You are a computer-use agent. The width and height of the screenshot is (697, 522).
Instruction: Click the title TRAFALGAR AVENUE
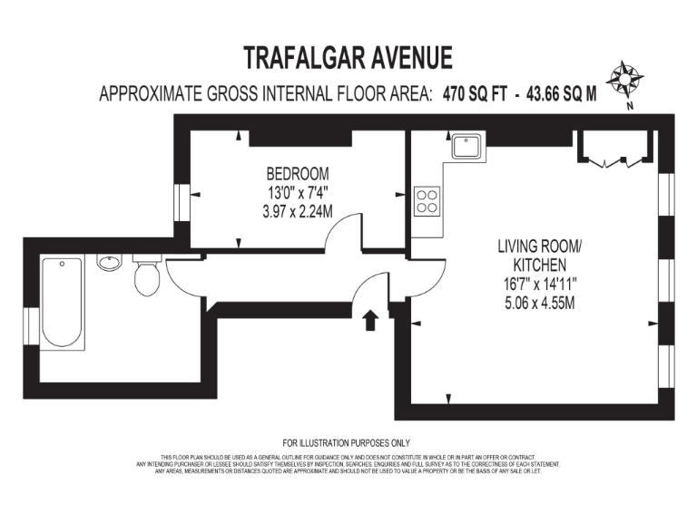coord(348,58)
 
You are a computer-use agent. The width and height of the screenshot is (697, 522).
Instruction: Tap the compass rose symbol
coord(623,80)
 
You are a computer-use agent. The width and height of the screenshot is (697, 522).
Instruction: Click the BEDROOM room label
coord(297,173)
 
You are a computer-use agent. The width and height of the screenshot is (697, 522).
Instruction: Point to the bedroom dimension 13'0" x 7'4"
coord(297,192)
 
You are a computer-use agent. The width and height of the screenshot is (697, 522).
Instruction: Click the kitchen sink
coord(468,145)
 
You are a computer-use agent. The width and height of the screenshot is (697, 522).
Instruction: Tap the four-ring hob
coord(427,201)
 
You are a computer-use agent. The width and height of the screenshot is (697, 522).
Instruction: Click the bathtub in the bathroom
coord(61,302)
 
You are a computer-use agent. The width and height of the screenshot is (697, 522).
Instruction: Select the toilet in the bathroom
coord(147,275)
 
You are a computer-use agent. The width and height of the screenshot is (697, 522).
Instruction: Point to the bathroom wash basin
coord(109,264)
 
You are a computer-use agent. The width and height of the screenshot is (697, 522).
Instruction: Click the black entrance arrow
coord(370,320)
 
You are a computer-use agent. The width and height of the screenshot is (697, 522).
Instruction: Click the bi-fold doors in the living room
coord(614,150)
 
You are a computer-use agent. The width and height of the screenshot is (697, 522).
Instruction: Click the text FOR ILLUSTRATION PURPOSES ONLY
coord(347,443)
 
